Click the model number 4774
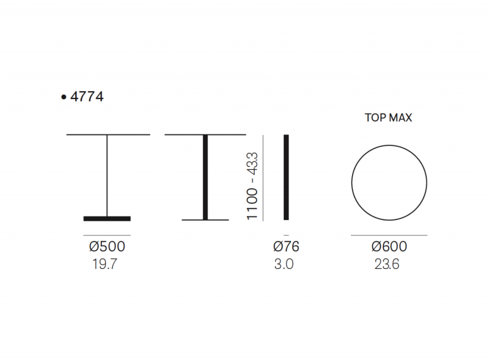point(87,97)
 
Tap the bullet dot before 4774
point(64,97)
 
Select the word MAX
point(400,117)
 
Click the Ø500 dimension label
point(107,246)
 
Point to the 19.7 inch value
point(105,264)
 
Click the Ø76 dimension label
point(286,246)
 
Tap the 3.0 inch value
point(284,264)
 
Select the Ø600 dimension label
point(389,246)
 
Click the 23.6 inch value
point(387,264)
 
